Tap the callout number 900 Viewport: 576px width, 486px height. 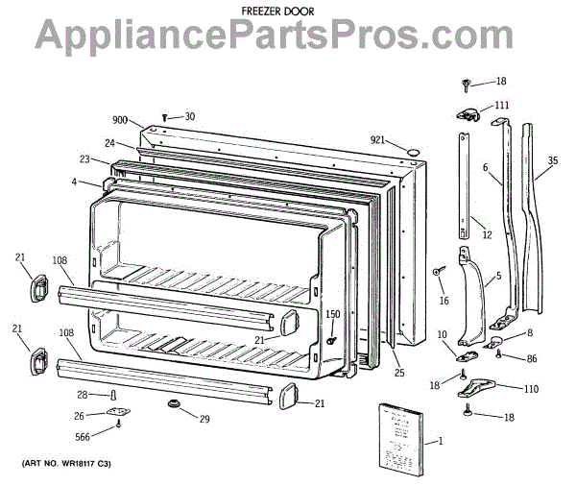tap(120, 120)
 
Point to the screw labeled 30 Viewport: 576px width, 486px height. tap(166, 117)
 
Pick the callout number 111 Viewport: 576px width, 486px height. tap(502, 105)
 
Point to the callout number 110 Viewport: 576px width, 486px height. tap(530, 389)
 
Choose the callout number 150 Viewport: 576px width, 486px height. tap(332, 314)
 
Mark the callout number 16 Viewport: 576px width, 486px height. tap(444, 301)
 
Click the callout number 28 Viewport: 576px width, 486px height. tap(83, 395)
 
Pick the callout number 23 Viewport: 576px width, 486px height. tap(84, 158)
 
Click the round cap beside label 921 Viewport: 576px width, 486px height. tap(412, 152)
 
